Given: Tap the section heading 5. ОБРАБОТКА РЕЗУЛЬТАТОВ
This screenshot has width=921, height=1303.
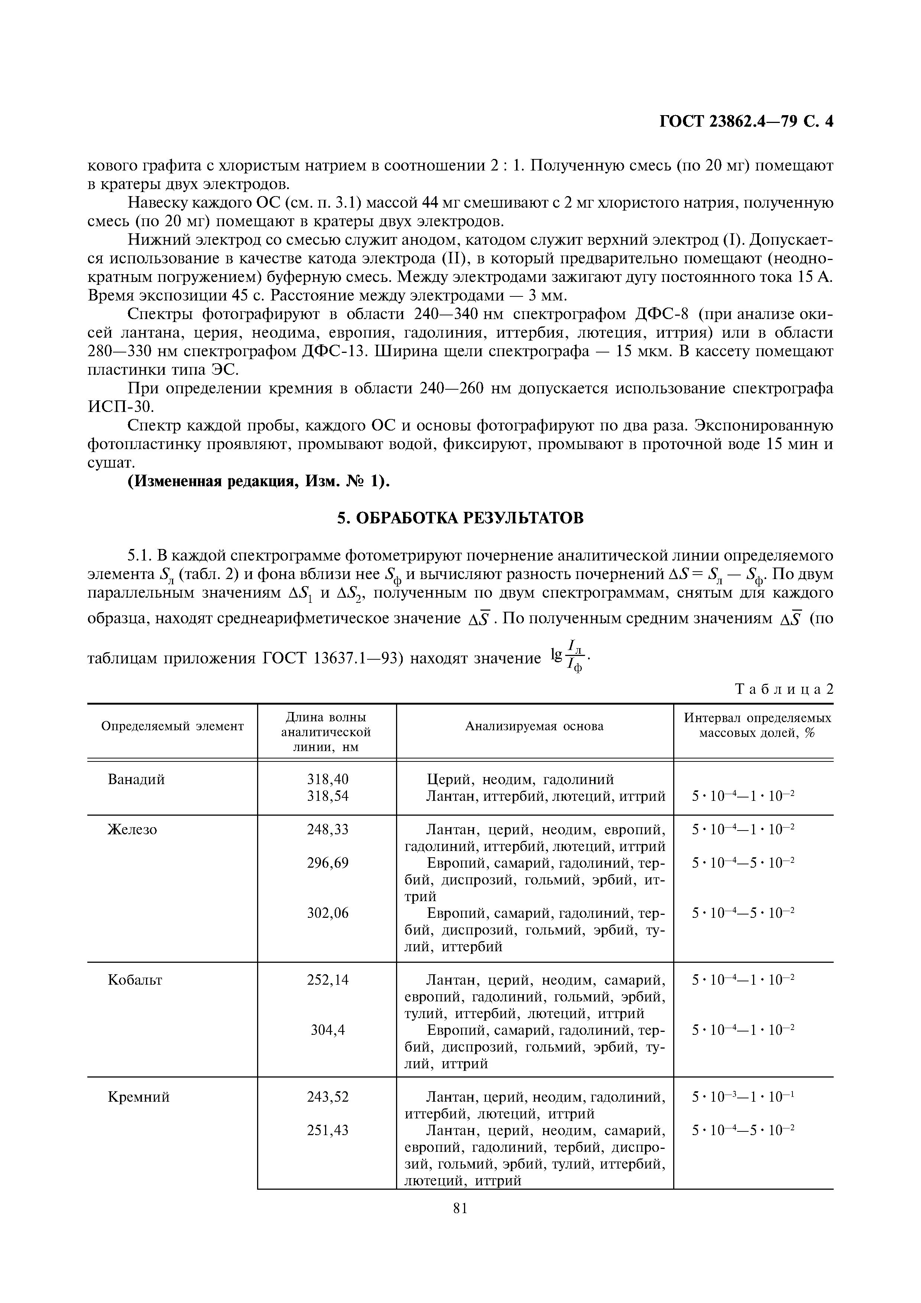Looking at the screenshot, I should pos(460,518).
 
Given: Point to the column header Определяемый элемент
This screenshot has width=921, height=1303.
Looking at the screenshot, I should pos(172,727).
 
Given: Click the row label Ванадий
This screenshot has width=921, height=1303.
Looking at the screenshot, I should pos(136,780).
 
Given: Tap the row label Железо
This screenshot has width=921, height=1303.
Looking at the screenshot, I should pos(132,830).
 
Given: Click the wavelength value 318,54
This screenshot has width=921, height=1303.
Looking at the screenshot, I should pos(327,796).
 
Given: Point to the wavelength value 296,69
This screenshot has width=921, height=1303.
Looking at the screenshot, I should pos(327,863).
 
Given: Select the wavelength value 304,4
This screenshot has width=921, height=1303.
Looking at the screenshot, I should pos(327,1030).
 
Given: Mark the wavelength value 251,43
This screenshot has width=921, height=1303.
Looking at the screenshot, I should pos(327,1131).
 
